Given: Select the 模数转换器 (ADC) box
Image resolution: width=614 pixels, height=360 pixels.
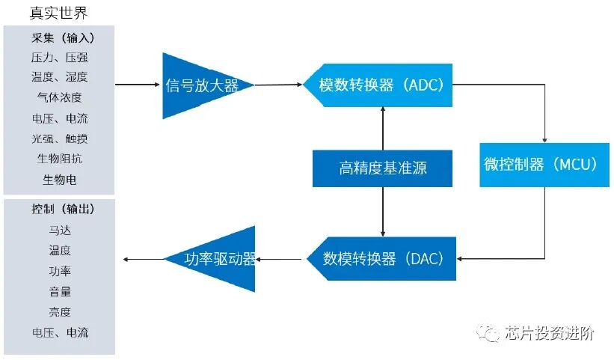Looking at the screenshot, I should point(381,85).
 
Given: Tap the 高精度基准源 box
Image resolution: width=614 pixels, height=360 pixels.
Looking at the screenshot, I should point(382,168).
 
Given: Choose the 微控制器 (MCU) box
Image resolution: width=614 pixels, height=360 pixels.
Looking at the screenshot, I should point(545,165).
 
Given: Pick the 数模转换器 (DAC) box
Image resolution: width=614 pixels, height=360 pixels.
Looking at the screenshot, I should point(383,259).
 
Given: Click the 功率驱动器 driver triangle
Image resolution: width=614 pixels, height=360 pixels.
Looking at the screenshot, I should point(217,259).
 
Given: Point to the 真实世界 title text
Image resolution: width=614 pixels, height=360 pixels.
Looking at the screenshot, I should point(59,13).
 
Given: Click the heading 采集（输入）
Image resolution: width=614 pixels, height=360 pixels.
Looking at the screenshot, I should point(62,37).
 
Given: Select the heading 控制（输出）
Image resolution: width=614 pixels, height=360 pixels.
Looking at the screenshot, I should point(62,209).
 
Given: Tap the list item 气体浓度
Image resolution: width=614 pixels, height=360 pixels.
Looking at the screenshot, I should point(60,97).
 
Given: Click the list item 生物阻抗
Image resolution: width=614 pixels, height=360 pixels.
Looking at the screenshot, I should point(60,159).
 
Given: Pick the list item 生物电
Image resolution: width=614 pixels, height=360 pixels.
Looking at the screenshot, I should point(60,180).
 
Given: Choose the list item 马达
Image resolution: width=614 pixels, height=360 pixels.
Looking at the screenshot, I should point(60,230).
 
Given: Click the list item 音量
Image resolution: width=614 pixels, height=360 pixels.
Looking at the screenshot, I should point(60,291).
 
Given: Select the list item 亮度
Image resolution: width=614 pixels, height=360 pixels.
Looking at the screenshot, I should point(60,311).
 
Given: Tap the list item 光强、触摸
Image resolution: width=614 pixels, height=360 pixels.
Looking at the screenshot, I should point(60,138).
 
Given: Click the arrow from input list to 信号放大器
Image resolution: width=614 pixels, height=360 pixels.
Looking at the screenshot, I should point(138,85).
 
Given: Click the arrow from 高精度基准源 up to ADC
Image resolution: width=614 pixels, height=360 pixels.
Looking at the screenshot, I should point(383,127).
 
